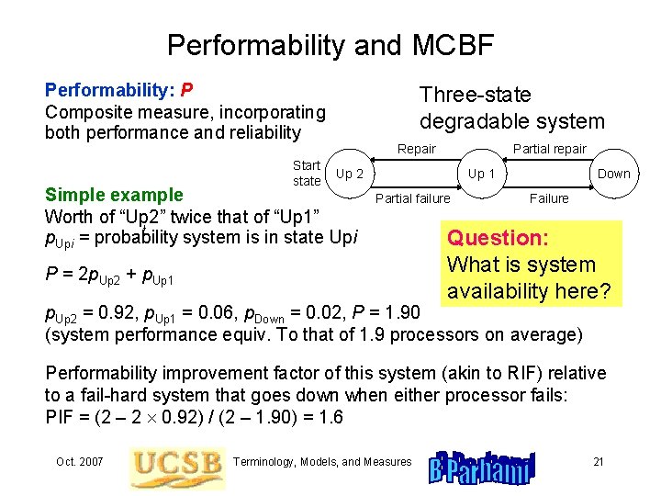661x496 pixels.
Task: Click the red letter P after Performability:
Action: pos(186,91)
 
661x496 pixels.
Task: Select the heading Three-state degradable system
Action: pos(511,107)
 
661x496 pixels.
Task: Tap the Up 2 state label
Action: pos(350,174)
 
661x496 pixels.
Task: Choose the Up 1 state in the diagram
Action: pos(482,174)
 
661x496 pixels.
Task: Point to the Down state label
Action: pos(614,174)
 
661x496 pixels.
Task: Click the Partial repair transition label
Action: pos(549,150)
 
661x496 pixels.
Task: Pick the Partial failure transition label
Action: pos(413,198)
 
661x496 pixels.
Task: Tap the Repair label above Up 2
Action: pos(416,150)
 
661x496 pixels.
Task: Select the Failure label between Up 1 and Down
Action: pos(549,198)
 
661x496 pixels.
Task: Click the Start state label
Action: pos(306,174)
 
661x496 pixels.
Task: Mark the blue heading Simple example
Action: pos(114,195)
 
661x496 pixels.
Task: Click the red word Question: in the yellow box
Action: pos(497,238)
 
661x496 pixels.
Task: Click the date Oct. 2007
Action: pos(80,461)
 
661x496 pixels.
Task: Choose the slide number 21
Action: pos(598,461)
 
